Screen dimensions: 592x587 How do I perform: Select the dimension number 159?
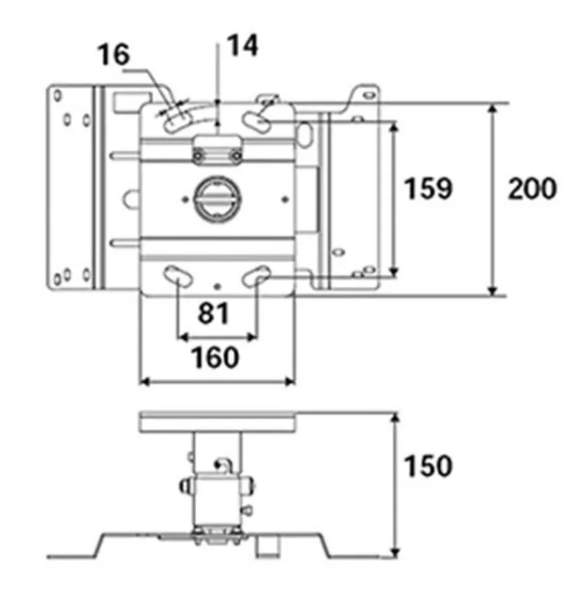click(x=428, y=188)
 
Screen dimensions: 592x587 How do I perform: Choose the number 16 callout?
click(x=113, y=55)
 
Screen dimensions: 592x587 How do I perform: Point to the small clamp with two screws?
click(x=218, y=151)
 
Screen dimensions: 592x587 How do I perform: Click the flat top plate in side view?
click(x=218, y=421)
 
